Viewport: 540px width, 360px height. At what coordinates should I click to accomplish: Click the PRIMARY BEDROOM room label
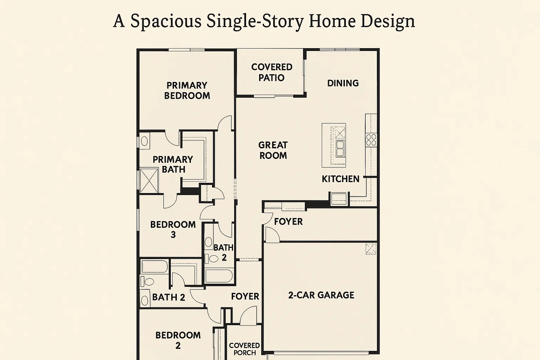point(187,91)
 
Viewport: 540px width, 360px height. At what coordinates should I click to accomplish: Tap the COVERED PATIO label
point(272,72)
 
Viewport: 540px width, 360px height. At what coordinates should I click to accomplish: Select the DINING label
point(343,83)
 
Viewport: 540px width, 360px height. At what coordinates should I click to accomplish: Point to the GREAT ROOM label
point(273,150)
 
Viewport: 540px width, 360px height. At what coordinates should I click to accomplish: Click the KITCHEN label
point(341,179)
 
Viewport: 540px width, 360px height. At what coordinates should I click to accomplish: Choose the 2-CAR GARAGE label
point(321,295)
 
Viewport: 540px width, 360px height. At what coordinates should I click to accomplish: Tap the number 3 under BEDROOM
point(173,235)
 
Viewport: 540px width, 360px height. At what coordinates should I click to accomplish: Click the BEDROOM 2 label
point(178,340)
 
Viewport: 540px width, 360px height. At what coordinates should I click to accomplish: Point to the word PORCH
point(245,353)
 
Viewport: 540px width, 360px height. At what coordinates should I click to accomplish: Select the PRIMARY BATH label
point(173,164)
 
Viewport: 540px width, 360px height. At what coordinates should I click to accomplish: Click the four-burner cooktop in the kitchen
point(371,140)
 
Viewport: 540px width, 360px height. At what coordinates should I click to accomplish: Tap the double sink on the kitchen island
point(340,148)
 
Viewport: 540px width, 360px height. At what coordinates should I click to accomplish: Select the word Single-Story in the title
point(255,21)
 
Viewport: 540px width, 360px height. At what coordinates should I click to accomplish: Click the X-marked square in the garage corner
point(371,249)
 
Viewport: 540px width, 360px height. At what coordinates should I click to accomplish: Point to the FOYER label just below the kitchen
point(288,221)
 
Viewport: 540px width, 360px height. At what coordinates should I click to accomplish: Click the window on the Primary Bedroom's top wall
point(186,50)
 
